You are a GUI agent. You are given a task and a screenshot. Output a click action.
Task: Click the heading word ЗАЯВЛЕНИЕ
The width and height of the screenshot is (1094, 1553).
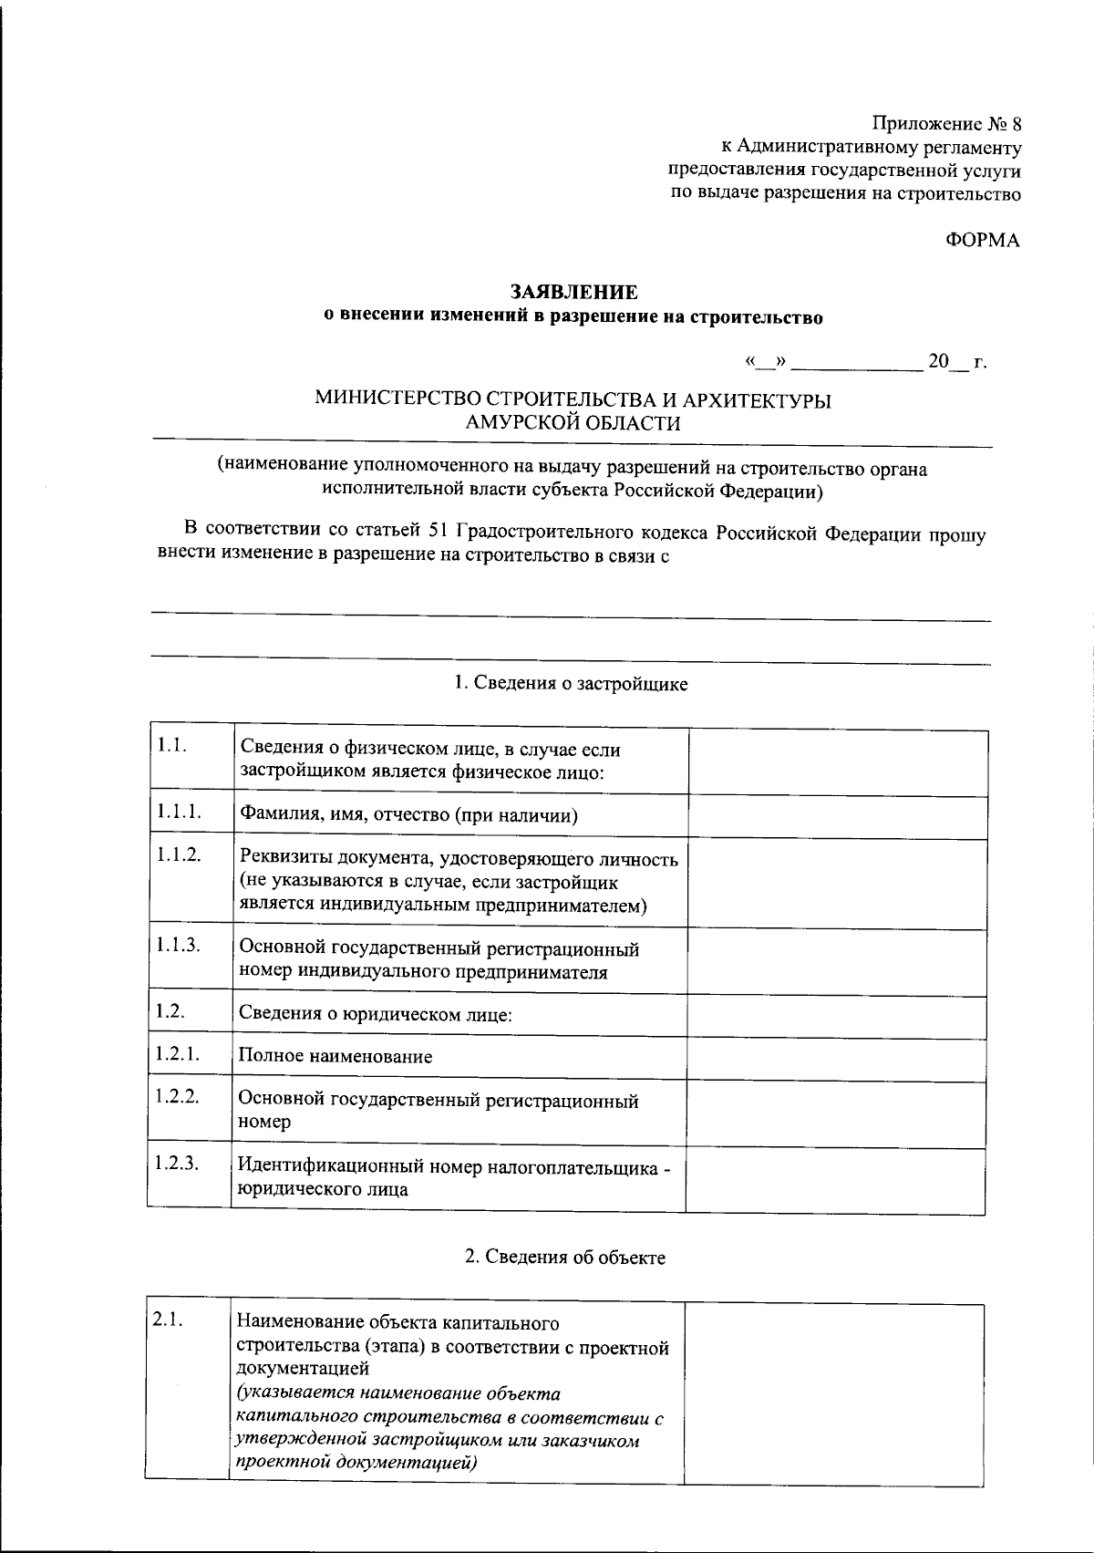tap(573, 292)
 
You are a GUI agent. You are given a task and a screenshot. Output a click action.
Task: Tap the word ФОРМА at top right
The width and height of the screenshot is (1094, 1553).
tap(981, 241)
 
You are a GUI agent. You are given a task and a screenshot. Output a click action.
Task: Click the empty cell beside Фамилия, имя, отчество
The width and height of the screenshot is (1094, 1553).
tap(837, 816)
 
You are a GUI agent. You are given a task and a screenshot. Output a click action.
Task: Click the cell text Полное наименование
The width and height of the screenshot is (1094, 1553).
tap(335, 1057)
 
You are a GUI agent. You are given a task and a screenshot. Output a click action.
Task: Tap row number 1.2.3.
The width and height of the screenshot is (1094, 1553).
tap(177, 1163)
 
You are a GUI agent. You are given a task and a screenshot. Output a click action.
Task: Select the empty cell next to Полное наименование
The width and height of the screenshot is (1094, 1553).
tap(836, 1058)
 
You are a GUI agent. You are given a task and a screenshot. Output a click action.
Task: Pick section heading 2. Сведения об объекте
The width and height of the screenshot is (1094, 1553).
tap(565, 1258)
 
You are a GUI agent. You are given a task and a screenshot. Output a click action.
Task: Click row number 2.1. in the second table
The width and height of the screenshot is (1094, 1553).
tap(168, 1320)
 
